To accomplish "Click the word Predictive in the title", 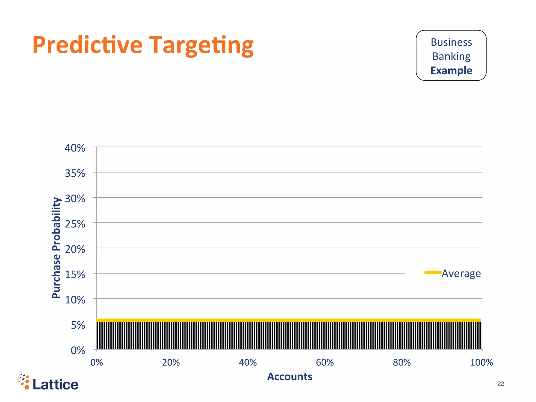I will (x=87, y=45).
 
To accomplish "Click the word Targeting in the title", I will (x=201, y=46).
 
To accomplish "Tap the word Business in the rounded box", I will (x=451, y=42).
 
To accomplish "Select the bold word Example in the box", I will (x=451, y=71).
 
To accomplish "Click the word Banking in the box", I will (x=451, y=57).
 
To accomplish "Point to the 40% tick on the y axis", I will (x=75, y=148).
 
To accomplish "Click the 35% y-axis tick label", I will (x=75, y=173).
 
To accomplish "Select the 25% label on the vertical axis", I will (x=75, y=224).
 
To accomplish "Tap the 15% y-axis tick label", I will (x=75, y=275).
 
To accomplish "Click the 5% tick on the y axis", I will (x=78, y=325).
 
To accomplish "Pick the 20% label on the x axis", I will (x=171, y=362).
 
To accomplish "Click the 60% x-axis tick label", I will (x=325, y=362).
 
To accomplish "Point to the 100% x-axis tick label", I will (x=481, y=362).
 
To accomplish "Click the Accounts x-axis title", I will (x=289, y=377).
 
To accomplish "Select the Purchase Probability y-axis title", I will (x=56, y=248).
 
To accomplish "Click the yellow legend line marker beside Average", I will (x=433, y=272).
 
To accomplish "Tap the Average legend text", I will (x=461, y=273).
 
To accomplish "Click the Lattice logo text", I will (x=55, y=384).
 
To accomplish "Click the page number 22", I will (x=500, y=384).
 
